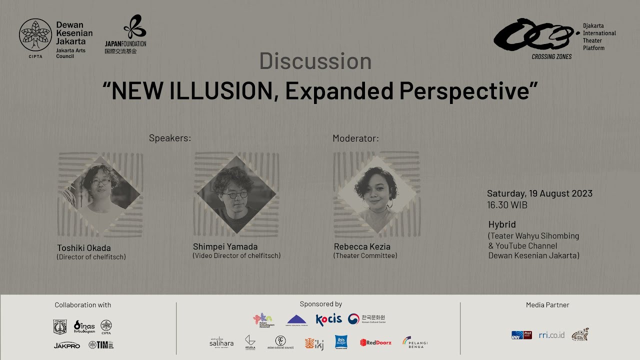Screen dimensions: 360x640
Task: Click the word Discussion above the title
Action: (315, 61)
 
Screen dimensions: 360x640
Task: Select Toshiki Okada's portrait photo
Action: (101, 194)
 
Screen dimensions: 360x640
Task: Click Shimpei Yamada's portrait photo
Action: (236, 194)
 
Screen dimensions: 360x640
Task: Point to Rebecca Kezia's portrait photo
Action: (376, 194)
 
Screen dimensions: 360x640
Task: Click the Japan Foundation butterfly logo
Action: (135, 27)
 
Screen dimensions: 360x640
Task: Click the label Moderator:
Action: (355, 138)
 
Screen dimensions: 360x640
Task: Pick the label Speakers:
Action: (170, 138)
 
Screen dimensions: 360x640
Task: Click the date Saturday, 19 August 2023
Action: (539, 194)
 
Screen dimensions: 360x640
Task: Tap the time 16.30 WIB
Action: (507, 205)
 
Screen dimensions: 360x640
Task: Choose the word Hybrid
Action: (502, 224)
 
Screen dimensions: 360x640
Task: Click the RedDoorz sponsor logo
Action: (375, 342)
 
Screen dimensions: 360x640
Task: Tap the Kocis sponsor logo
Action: (329, 319)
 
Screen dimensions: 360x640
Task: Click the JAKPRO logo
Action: (67, 345)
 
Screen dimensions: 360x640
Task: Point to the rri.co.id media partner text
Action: (551, 335)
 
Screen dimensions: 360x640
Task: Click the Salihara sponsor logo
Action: (221, 342)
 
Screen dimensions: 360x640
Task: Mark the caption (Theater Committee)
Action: (365, 256)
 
